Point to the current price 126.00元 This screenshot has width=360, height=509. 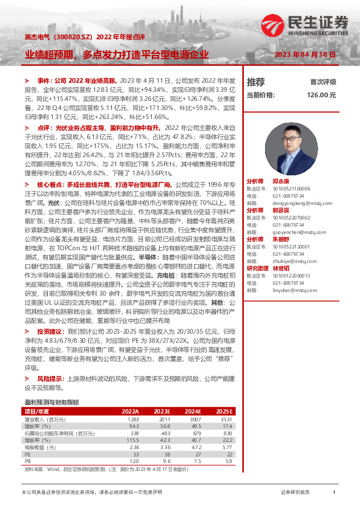pos(321,95)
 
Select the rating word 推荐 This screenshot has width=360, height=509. pos(256,82)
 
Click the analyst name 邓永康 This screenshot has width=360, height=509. pos(281,181)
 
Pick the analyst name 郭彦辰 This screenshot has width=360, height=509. pos(281,210)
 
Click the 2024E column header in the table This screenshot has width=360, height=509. pos(192,410)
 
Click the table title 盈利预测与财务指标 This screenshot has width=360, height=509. pos(51,401)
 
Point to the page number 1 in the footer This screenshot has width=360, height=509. pos(334,493)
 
